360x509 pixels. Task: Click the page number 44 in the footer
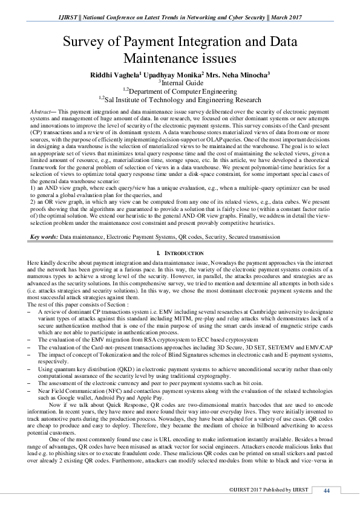pos(327,489)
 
